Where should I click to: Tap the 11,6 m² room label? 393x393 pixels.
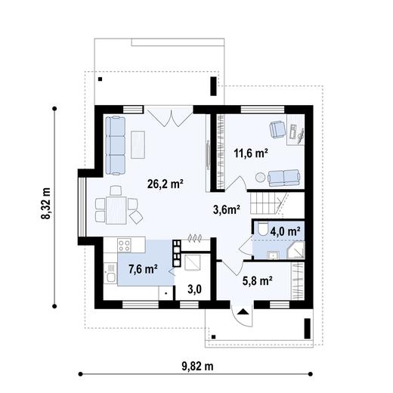(x=251, y=153)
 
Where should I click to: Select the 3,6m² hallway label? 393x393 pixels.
(x=226, y=209)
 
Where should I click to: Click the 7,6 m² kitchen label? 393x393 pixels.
(x=142, y=268)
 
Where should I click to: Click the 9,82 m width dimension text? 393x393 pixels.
(x=197, y=367)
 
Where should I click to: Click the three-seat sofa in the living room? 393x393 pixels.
(x=115, y=143)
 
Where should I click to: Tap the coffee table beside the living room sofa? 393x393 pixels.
(x=139, y=144)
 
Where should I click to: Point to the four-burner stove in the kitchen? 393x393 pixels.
(x=125, y=244)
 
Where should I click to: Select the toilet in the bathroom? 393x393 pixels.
(x=261, y=229)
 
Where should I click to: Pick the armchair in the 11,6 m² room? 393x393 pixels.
(x=277, y=129)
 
